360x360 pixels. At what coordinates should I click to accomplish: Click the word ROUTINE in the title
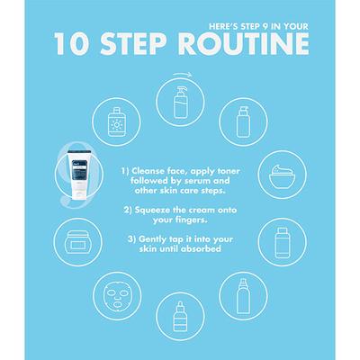244,44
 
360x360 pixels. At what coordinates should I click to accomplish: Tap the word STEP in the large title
133,44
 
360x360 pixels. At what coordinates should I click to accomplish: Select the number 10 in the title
71,44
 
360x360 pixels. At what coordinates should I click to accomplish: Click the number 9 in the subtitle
265,26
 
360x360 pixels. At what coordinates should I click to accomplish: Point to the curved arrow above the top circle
182,75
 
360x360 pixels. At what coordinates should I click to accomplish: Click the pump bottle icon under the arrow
180,102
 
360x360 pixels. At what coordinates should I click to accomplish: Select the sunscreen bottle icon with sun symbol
116,121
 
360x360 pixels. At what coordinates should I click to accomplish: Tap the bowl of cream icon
283,176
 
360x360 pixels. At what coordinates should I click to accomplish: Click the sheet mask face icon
117,296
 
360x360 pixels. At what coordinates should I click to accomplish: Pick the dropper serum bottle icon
180,316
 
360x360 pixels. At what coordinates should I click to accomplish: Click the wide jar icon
78,242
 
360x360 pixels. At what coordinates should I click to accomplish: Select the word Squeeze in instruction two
153,211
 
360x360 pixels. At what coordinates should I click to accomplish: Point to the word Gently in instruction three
153,239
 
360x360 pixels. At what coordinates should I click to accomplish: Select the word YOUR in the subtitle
296,26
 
